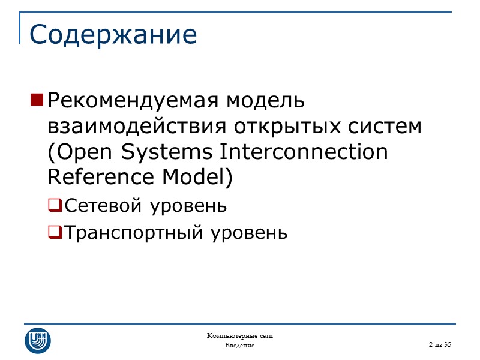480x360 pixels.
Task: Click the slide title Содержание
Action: coord(113,35)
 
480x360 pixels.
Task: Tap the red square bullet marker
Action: coord(36,100)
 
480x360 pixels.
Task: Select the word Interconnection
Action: coord(304,152)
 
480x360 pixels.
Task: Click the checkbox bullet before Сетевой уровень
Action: coord(54,206)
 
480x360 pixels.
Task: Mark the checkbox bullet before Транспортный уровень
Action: coord(54,232)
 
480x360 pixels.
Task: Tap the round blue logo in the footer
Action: coord(38,340)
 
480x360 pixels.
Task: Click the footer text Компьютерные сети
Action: coord(240,335)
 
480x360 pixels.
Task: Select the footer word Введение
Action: coord(240,346)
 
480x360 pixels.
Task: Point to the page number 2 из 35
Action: coord(440,344)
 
